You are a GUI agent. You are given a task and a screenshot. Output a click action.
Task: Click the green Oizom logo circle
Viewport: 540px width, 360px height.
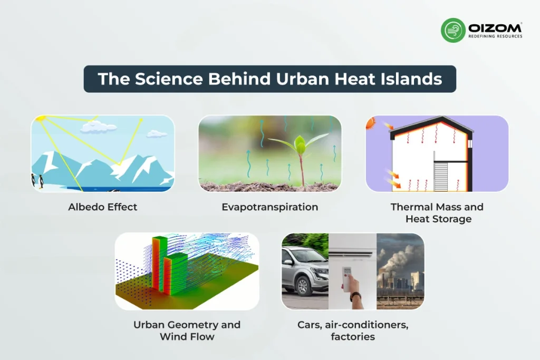tap(453, 30)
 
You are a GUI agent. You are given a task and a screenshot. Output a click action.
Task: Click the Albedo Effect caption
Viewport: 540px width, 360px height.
tap(102, 207)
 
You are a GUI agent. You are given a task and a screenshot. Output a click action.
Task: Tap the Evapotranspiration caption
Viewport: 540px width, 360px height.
tap(269, 207)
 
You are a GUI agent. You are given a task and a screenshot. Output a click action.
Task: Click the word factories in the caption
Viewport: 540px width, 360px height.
tap(353, 336)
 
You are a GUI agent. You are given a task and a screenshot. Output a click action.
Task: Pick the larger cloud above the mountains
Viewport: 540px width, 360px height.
tap(100, 126)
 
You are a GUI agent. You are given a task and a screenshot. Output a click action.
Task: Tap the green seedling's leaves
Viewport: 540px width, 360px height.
tap(301, 144)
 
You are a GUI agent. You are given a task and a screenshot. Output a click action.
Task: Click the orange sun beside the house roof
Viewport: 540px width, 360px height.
tap(371, 123)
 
